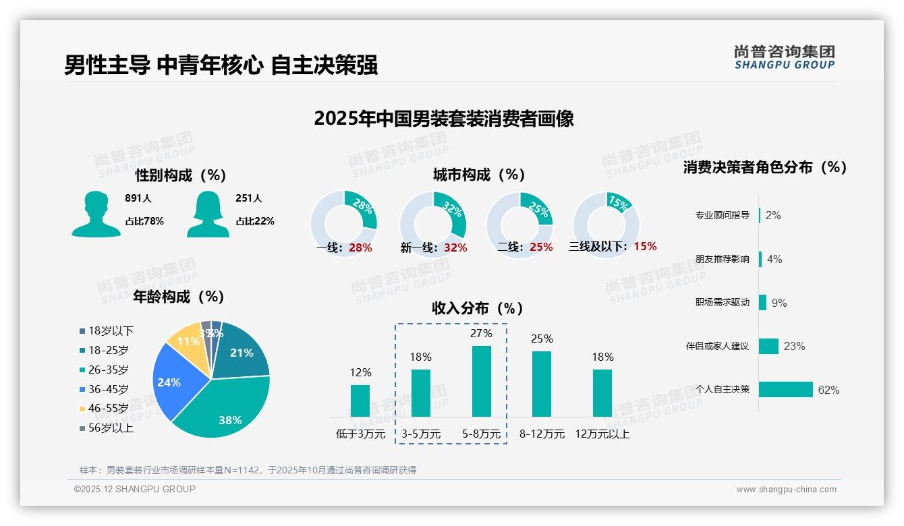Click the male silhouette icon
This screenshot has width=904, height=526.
tap(96, 214)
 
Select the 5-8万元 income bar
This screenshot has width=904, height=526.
tap(481, 381)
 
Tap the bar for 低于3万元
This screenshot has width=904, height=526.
tap(360, 401)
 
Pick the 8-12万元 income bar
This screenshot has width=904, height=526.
tap(542, 384)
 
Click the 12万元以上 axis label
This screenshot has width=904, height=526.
tap(602, 434)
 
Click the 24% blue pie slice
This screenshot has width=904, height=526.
tap(172, 381)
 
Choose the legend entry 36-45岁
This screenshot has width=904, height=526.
tap(108, 389)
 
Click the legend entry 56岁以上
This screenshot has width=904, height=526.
tap(111, 428)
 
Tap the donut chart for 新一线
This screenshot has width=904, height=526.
tap(432, 225)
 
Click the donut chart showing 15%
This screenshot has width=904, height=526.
tap(605, 225)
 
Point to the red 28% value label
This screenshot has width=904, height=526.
tap(360, 247)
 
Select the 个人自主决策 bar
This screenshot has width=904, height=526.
tap(786, 390)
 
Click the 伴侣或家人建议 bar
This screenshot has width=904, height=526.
tap(768, 346)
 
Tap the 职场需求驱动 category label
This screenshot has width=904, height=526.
tap(722, 303)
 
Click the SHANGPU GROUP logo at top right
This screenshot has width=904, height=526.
tap(784, 57)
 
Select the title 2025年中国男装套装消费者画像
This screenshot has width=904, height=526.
tap(443, 119)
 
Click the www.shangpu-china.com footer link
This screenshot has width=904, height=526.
tap(786, 490)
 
